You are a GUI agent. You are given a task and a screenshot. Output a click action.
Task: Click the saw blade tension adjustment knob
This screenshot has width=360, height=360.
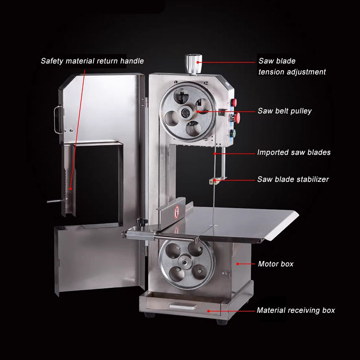point(193,64)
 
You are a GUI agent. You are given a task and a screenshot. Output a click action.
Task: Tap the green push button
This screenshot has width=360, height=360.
point(233,133)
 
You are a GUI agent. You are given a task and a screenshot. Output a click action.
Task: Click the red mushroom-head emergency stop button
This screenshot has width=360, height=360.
point(237,117)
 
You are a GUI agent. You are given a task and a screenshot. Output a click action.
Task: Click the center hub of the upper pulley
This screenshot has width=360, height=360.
point(185,112)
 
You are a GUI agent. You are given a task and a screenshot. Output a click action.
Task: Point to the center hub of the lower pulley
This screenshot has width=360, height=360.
point(185,261)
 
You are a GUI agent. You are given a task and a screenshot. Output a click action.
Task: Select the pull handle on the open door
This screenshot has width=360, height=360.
point(58,119)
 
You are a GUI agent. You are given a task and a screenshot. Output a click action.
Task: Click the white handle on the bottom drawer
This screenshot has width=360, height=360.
point(183,306)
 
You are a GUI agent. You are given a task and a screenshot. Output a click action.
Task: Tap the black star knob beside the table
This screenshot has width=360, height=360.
point(142,222)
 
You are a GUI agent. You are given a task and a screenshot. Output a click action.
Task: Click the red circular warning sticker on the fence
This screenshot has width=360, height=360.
point(176,211)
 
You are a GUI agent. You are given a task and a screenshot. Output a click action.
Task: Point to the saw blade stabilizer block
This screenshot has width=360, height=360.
point(213,181)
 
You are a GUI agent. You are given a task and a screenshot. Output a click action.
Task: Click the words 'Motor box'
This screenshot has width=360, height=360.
point(276,264)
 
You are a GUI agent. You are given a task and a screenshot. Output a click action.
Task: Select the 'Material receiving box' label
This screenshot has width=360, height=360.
point(296,310)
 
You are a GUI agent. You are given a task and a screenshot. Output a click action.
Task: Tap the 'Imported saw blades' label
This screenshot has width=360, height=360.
point(294,152)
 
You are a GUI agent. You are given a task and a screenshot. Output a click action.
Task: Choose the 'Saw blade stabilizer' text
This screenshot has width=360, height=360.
point(293,179)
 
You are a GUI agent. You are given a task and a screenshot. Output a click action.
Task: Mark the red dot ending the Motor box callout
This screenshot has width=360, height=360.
point(238,264)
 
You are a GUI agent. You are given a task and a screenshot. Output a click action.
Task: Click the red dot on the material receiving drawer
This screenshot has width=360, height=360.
point(208,311)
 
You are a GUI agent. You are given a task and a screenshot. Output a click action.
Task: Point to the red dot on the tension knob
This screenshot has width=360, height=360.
point(198,62)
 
